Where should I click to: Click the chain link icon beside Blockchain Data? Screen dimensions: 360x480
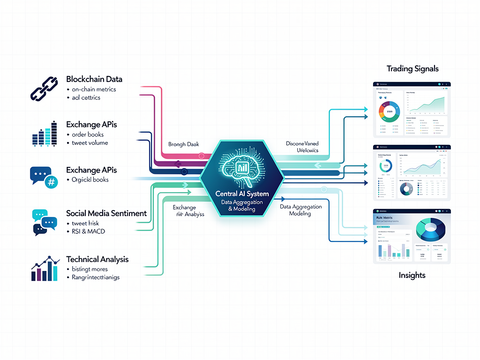pos(44,88)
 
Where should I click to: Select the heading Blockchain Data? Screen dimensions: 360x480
pos(94,79)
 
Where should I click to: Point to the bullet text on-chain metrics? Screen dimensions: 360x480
pos(94,89)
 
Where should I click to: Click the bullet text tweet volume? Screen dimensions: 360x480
pos(90,143)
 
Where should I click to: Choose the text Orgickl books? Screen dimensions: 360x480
pos(90,180)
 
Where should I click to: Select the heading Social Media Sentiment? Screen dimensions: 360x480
pos(106,213)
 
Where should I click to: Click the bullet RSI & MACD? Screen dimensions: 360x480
pos(89,231)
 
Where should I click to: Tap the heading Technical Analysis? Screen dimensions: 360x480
pos(97,259)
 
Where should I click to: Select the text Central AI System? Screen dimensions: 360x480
pos(242,194)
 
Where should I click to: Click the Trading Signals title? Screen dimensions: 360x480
pos(412,69)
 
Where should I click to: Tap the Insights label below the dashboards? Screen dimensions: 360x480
pos(412,275)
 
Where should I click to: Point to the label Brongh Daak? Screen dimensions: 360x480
pos(183,144)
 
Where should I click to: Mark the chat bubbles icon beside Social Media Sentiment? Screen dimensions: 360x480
pos(44,222)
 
